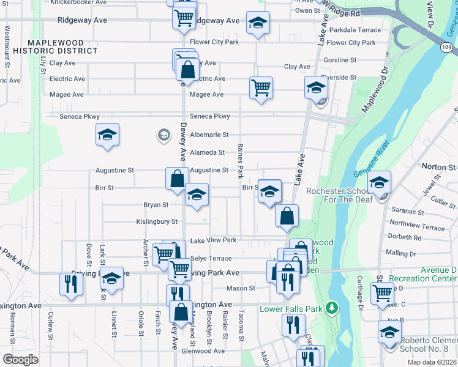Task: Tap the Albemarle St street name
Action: pyautogui.click(x=209, y=135)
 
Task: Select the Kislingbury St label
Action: pyautogui.click(x=157, y=221)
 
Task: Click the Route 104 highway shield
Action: pyautogui.click(x=448, y=47)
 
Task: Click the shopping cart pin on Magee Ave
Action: pyautogui.click(x=261, y=88)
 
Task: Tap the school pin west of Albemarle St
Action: pyautogui.click(x=108, y=135)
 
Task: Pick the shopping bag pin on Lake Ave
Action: pyautogui.click(x=287, y=215)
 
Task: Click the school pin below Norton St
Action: pyautogui.click(x=379, y=182)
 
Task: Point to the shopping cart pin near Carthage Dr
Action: pyautogui.click(x=382, y=293)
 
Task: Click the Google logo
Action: pyautogui.click(x=20, y=360)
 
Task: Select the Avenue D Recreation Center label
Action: pyautogui.click(x=422, y=274)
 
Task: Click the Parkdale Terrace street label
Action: pyautogui.click(x=355, y=30)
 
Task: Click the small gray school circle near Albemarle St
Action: pyautogui.click(x=163, y=135)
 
